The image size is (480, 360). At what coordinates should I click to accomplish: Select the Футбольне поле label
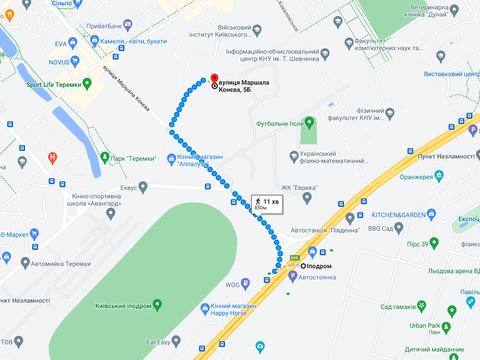[279, 123]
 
